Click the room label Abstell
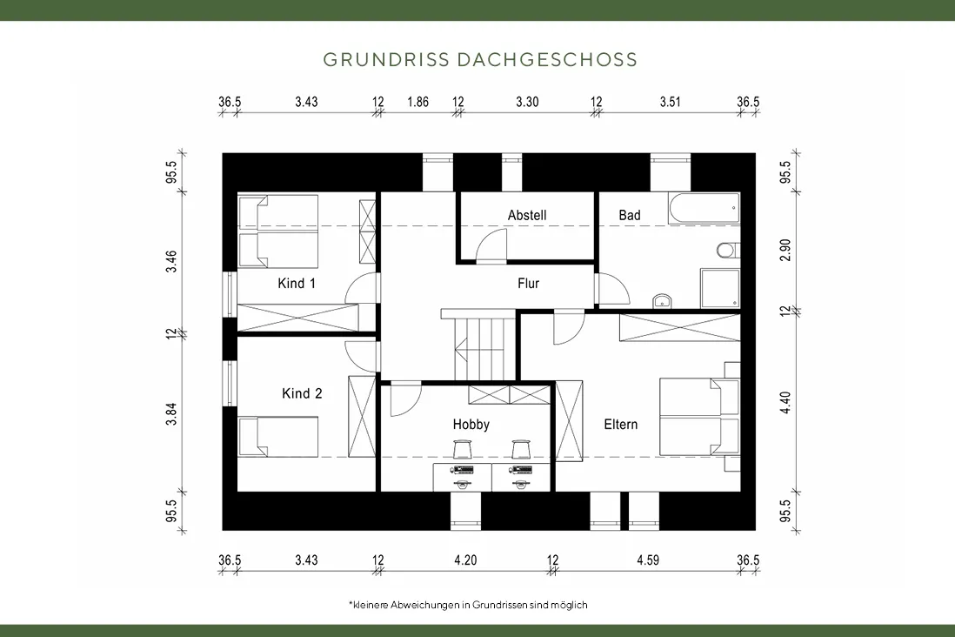pyautogui.click(x=527, y=215)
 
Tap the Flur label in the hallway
pyautogui.click(x=528, y=284)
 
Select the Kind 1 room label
pyautogui.click(x=297, y=284)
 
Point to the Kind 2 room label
pyautogui.click(x=302, y=394)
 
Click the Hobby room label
pyautogui.click(x=471, y=425)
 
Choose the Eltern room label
pyautogui.click(x=621, y=425)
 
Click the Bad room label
pyautogui.click(x=630, y=215)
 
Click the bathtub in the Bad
pyautogui.click(x=704, y=209)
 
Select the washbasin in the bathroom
pyautogui.click(x=662, y=300)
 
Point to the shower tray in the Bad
pyautogui.click(x=720, y=288)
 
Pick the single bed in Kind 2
pyautogui.click(x=277, y=437)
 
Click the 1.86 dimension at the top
pyautogui.click(x=417, y=102)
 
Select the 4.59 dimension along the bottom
pyautogui.click(x=648, y=560)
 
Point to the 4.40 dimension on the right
pyautogui.click(x=785, y=402)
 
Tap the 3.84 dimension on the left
pyautogui.click(x=171, y=414)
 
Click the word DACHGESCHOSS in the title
pyautogui.click(x=546, y=60)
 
